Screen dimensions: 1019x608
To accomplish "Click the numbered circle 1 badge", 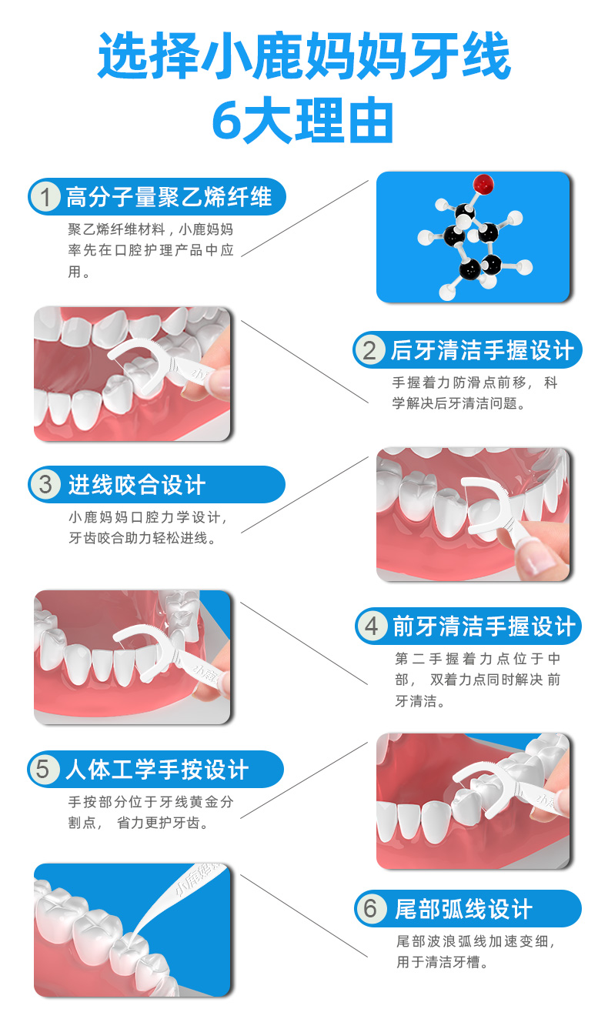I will coord(46,198).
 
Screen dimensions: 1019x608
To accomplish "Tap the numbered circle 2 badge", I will coord(369,351).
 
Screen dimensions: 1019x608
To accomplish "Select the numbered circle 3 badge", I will coord(46,485).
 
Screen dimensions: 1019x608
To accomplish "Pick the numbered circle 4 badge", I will coord(372,626).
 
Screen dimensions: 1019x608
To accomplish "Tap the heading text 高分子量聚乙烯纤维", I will coord(169,198).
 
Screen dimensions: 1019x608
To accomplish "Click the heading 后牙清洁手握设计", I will coord(483,351).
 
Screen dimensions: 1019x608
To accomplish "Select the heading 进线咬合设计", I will coord(136,485).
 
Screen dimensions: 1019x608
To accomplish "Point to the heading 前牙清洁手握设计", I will coord(484,626).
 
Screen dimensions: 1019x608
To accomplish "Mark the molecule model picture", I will coord(473,237).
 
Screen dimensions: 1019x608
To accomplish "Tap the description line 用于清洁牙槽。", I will coord(443,961).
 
